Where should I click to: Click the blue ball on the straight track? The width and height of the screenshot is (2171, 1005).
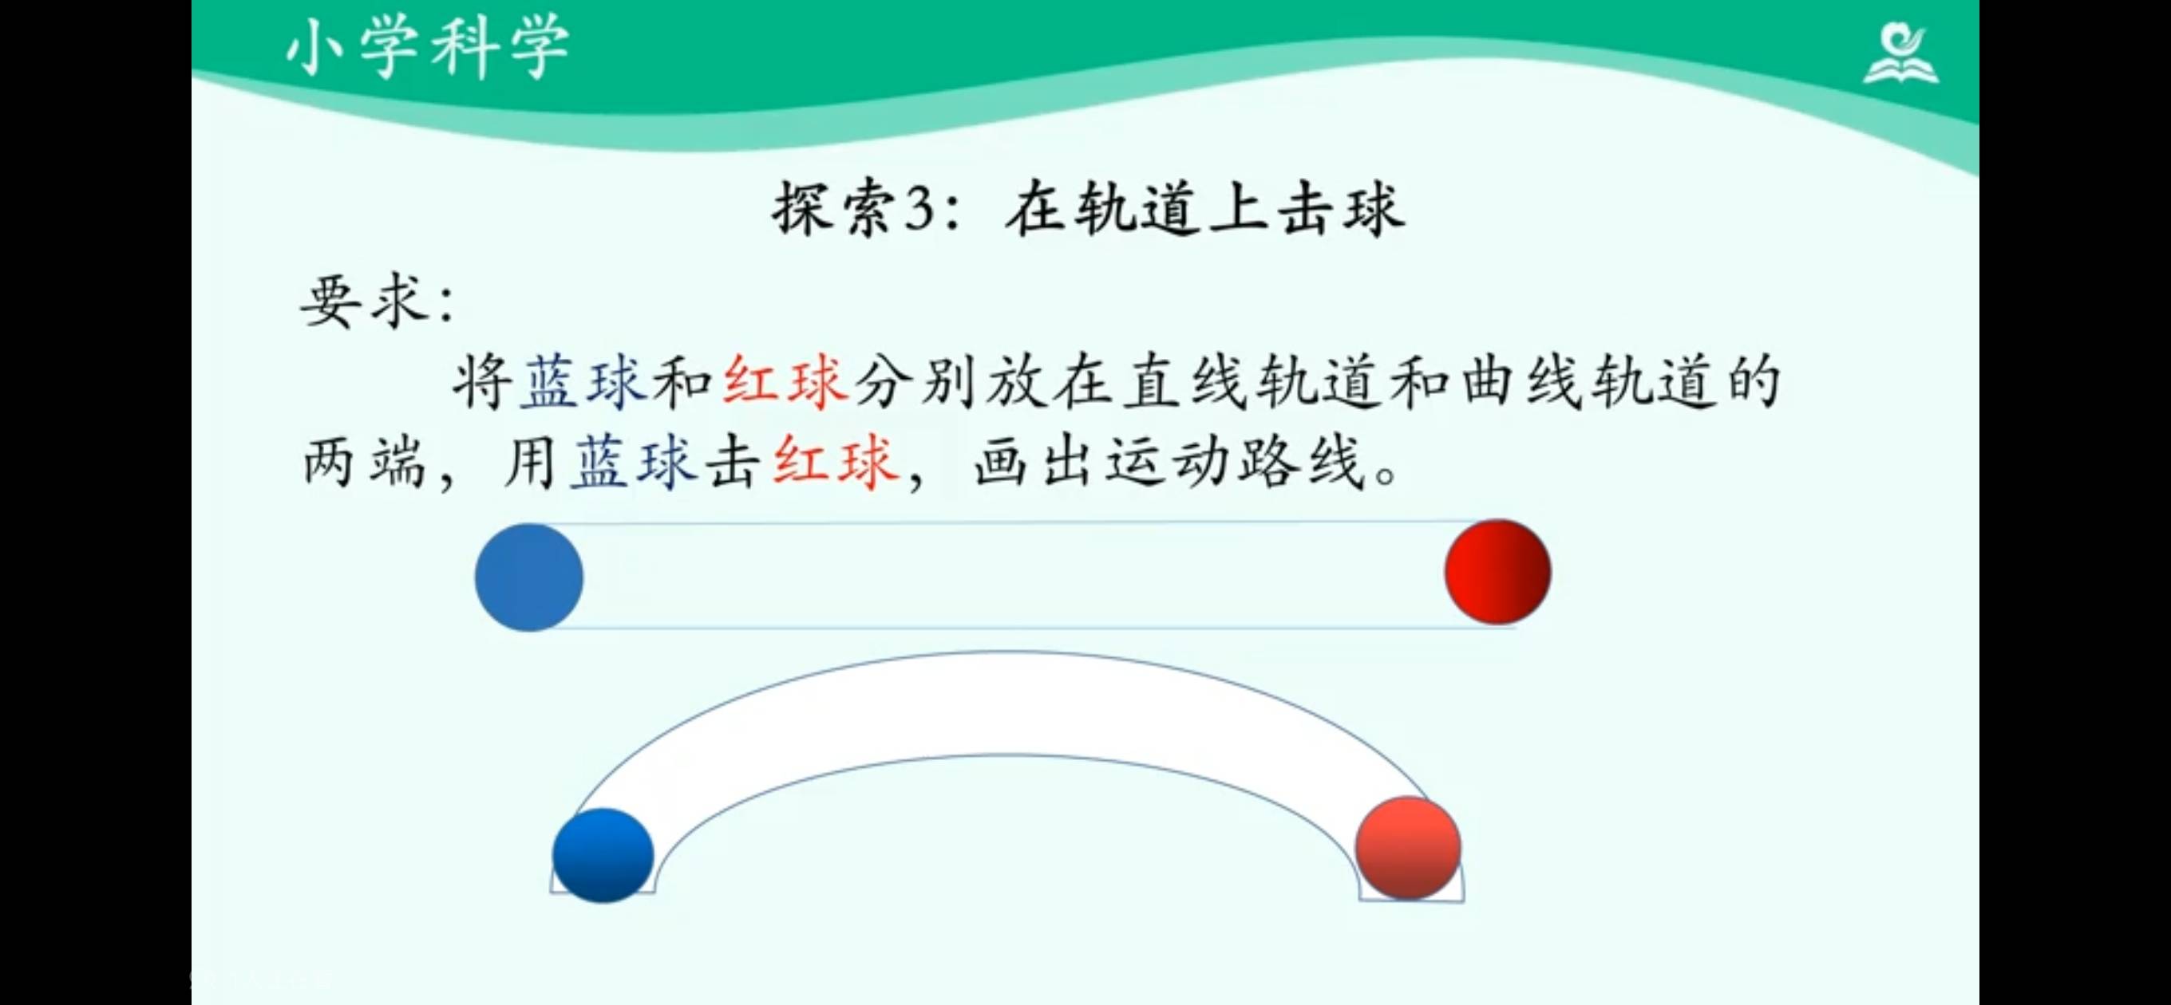(528, 577)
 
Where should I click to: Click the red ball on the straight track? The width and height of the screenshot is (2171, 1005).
(1497, 572)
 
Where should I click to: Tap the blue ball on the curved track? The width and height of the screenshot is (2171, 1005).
(603, 855)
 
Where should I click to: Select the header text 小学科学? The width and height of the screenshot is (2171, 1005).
(429, 49)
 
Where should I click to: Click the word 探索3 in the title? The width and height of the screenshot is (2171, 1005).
(853, 209)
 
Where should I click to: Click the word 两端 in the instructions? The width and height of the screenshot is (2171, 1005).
(364, 462)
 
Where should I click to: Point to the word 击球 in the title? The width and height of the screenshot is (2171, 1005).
(1341, 209)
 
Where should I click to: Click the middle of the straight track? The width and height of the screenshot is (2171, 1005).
(1011, 574)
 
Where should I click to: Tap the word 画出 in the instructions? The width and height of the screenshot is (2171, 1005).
(1038, 462)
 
